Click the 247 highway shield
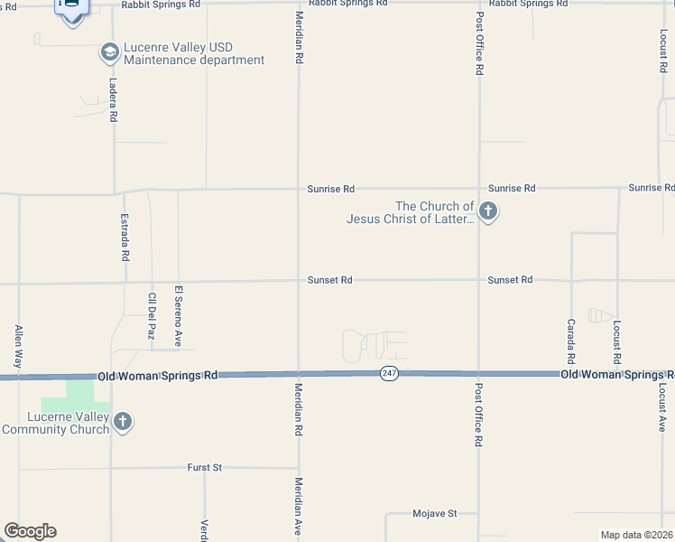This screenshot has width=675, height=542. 389,373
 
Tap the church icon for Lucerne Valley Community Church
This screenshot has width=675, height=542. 123,421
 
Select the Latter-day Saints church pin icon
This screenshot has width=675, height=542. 488,213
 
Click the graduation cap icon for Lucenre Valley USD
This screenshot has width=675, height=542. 110,52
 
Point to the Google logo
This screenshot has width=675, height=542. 30,531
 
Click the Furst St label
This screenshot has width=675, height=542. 205,467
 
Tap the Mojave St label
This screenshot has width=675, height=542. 435,513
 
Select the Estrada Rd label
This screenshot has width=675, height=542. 125,238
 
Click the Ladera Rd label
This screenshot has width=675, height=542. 114,99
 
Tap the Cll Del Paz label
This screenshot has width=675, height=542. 151,315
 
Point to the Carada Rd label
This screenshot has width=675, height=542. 571,341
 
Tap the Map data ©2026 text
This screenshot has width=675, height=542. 636,535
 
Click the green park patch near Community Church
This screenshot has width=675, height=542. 79,394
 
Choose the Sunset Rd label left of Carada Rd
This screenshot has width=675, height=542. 510,280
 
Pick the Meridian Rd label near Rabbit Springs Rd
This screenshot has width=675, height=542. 299,38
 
